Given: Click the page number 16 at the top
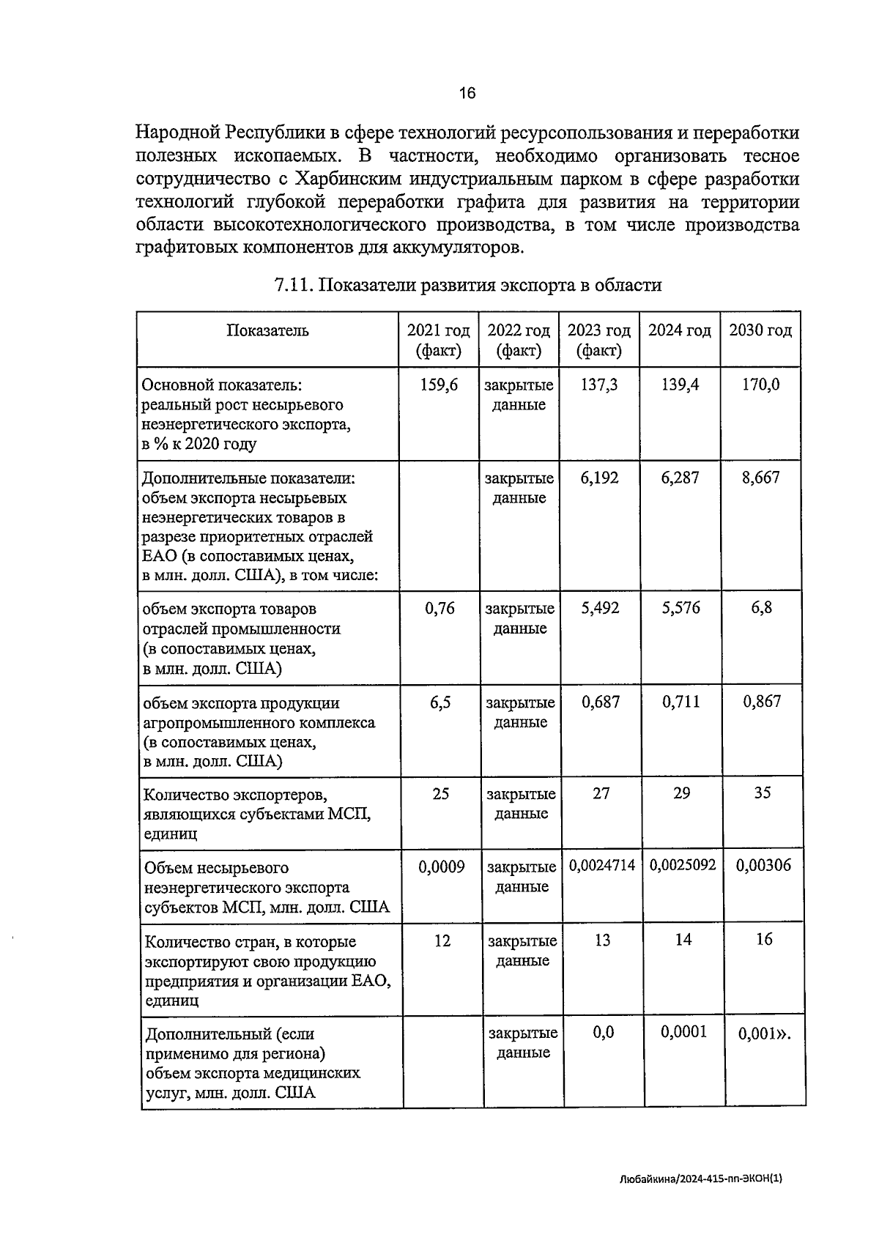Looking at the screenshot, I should pos(467,93).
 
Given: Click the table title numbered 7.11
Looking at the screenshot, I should pos(467,285).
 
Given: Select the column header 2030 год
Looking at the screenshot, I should pos(760,330).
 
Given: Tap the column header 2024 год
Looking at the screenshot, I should pos(680,330).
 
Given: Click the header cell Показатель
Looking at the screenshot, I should pos(267,330).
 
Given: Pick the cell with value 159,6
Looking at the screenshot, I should pos(439,385).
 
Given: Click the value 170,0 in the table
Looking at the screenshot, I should pos(760,385).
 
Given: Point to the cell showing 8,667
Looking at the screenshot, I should pos(760,478).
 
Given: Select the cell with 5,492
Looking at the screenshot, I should pos(600,608).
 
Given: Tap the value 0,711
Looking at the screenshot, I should pos(680,702).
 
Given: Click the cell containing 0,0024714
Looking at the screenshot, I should pos(602,866).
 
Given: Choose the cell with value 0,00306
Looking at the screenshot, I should pos(763,866).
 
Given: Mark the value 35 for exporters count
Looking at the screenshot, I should pos(763,793).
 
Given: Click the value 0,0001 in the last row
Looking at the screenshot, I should pos(683,1032).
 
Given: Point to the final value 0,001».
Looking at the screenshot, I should pos(765,1034).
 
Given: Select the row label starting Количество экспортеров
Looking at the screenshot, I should pos(256,814).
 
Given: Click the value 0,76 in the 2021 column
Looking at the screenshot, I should pos(439,608).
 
